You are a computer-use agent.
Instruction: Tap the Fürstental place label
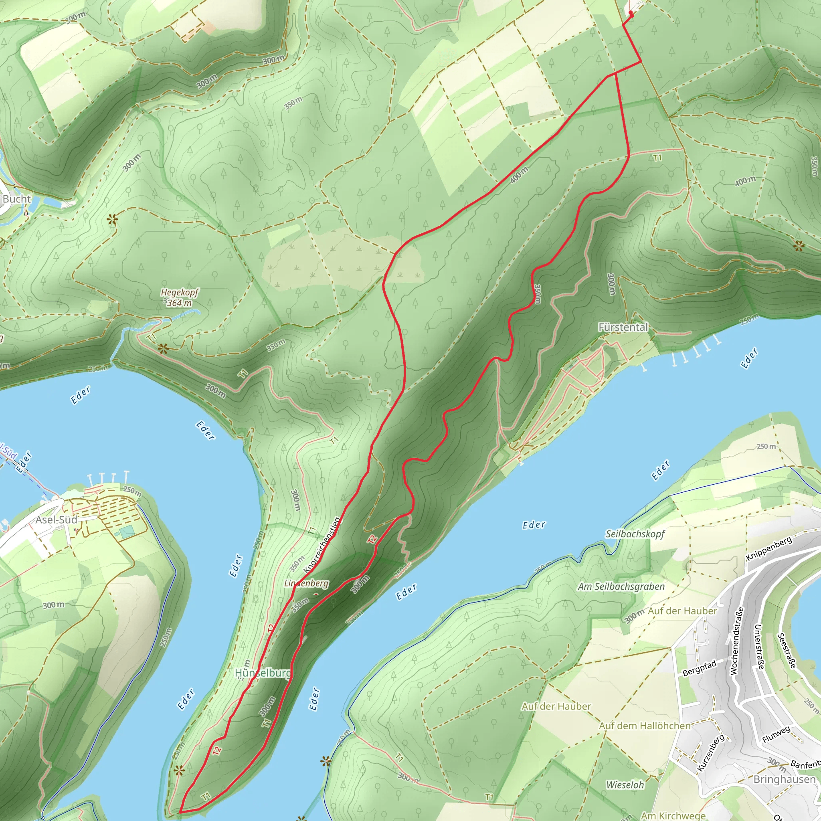623,327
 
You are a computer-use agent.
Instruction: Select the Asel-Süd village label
56,520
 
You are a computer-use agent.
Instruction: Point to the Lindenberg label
306,583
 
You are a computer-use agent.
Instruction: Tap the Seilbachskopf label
635,534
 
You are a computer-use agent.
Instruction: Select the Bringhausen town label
785,779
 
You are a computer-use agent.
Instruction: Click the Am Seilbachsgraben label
621,586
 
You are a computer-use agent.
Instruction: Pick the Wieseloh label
625,785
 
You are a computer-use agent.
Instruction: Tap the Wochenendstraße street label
737,641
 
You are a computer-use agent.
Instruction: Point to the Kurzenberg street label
711,752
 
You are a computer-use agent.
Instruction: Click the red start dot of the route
631,14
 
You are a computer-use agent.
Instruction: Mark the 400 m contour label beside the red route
519,175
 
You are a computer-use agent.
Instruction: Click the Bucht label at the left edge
16,199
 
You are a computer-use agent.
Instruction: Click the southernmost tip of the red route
180,813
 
